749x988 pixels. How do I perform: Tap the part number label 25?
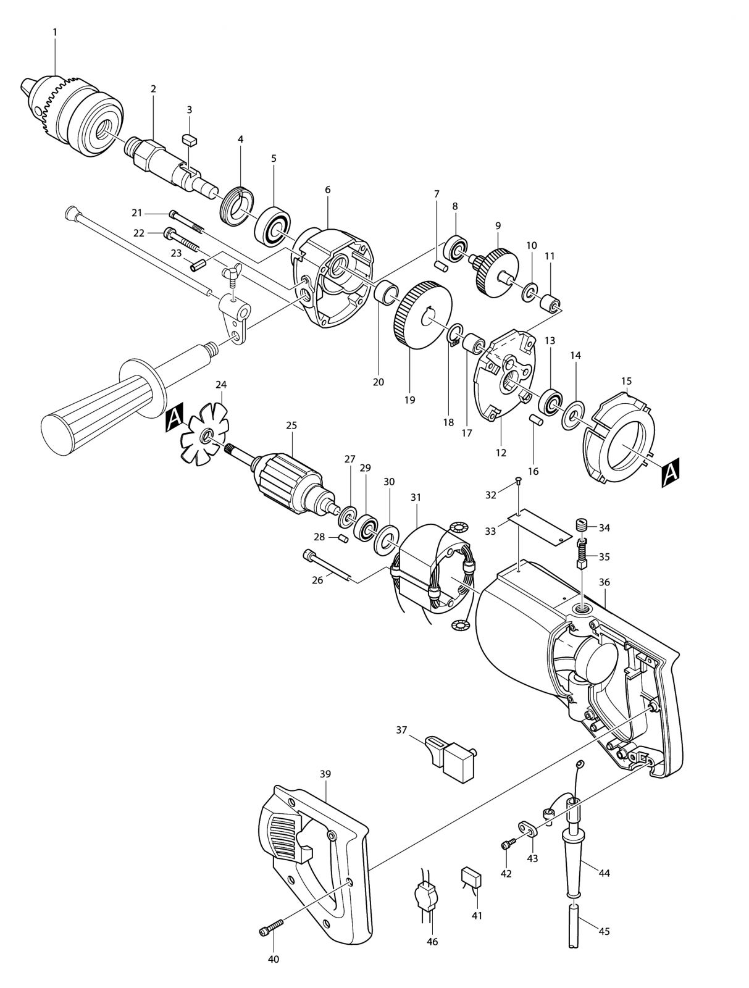tap(291, 425)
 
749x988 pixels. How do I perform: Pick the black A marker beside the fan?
tap(174, 419)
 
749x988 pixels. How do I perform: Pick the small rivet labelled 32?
tap(518, 480)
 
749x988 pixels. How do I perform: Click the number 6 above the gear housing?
tap(327, 190)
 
